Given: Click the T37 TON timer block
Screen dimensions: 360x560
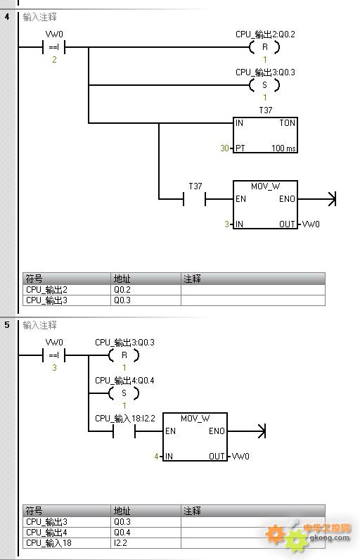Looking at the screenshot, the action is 265,135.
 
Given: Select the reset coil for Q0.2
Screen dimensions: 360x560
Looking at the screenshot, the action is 264,47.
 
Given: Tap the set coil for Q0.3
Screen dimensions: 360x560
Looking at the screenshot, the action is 264,85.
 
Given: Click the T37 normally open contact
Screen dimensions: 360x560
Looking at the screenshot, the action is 195,199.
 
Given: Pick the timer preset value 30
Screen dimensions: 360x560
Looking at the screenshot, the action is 224,148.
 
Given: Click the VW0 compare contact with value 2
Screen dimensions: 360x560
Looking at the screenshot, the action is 54,47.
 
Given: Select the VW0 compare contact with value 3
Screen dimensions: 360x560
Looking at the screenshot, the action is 54,355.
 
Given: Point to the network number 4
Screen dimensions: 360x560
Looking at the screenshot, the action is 7,16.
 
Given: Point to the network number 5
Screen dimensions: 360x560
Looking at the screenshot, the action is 7,324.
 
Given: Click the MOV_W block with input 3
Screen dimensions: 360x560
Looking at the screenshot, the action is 265,205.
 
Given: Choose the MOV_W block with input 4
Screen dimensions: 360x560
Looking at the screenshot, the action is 195,437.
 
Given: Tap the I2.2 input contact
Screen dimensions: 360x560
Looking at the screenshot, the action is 124,431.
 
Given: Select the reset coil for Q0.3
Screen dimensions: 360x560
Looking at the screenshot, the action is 124,355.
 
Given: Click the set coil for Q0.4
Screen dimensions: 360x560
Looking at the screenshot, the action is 124,393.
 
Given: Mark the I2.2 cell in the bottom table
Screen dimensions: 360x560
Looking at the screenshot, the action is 146,543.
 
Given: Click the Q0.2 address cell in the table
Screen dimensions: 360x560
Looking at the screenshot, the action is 146,290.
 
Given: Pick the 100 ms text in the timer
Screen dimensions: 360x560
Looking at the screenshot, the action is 283,148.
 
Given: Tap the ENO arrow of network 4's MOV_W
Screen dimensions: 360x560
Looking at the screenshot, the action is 317,199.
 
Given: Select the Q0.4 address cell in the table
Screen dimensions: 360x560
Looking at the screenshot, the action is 146,533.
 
